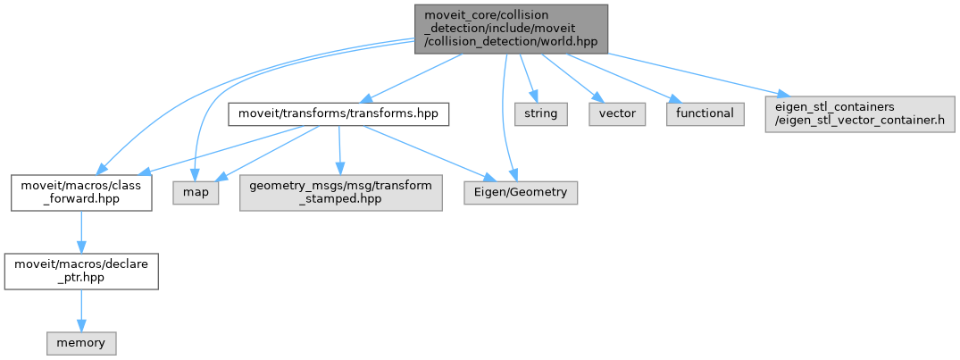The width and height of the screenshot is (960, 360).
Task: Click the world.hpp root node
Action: [x=510, y=29]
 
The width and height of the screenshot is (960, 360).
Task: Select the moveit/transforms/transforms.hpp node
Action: [x=338, y=113]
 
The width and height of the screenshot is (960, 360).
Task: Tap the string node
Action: [x=540, y=113]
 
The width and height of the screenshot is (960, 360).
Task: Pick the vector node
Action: [x=616, y=113]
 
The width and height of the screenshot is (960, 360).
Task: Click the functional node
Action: [x=705, y=113]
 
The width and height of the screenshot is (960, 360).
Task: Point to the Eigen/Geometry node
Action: [x=520, y=191]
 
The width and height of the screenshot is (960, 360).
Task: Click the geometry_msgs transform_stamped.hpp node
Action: [x=340, y=191]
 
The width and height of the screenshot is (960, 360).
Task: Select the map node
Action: [x=196, y=191]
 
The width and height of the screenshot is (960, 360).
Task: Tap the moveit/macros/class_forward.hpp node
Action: [x=81, y=191]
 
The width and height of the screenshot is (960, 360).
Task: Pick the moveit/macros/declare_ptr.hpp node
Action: [x=81, y=269]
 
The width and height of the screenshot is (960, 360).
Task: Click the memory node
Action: [x=81, y=342]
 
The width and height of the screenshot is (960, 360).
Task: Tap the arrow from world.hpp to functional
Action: [x=616, y=76]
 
